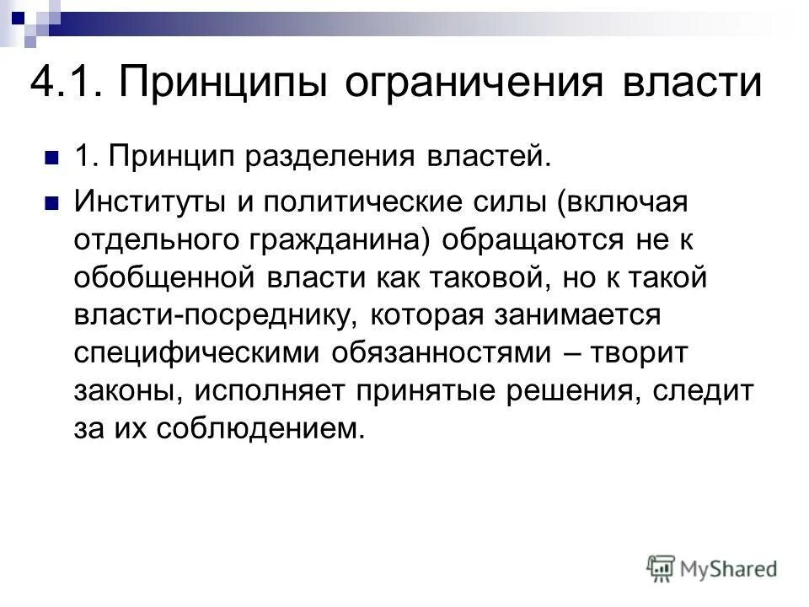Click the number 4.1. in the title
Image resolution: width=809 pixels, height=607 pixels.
67,85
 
